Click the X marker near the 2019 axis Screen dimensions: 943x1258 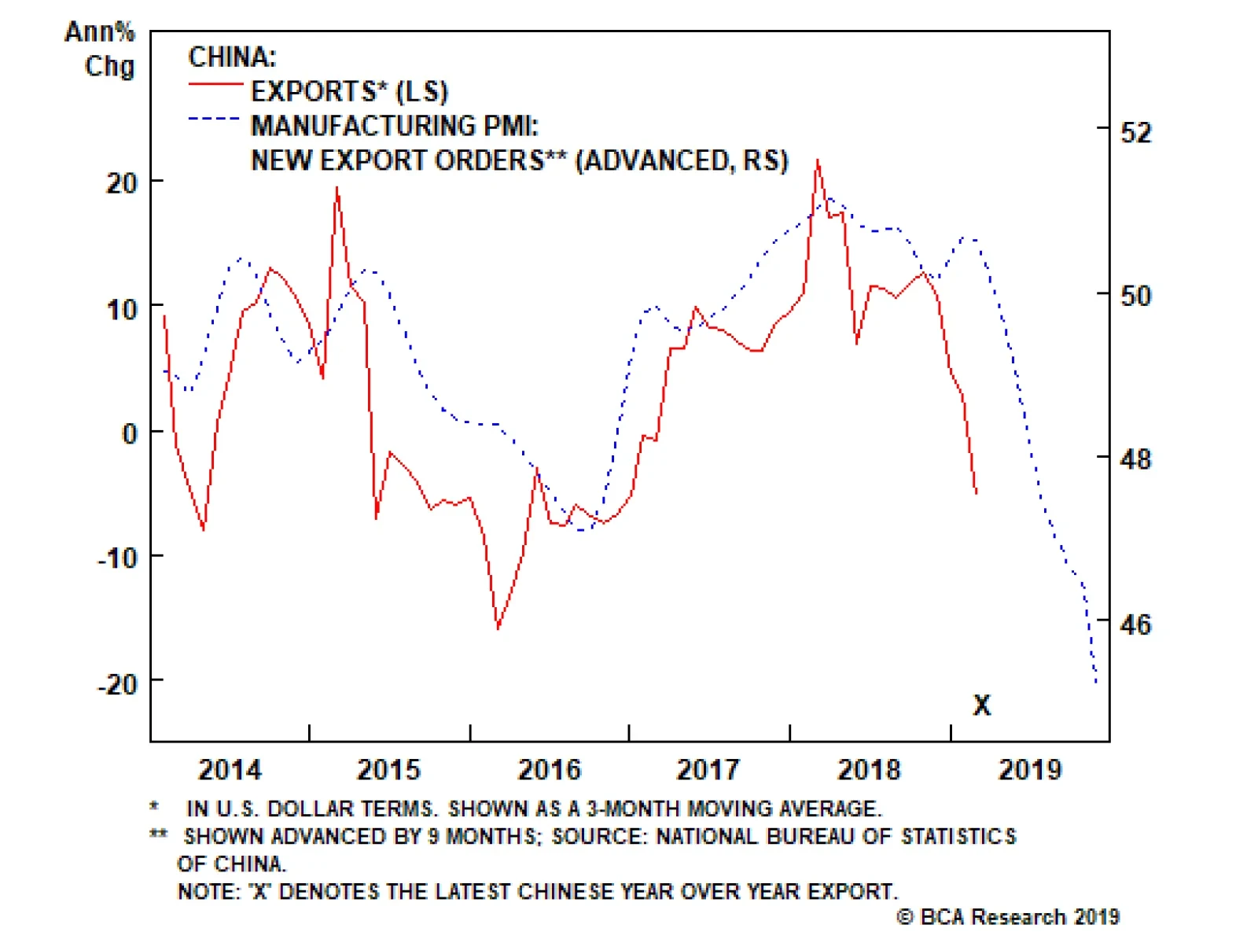pos(981,705)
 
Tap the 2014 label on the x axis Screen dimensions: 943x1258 pos(230,769)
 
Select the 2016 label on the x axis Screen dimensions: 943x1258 pos(549,769)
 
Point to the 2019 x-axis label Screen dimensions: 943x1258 pos(1029,769)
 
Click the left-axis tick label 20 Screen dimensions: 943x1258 pos(122,183)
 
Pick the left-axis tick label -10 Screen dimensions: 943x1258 pos(117,558)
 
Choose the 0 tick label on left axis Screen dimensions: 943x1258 pos(130,433)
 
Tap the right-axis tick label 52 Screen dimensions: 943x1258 pos(1135,131)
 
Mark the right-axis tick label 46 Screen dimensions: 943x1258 pos(1135,624)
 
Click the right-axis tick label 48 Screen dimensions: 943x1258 pos(1135,459)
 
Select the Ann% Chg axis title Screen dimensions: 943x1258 pos(101,49)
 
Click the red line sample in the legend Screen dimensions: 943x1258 pos(215,83)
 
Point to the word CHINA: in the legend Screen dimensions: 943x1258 pos(233,57)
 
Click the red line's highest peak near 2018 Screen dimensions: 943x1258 pos(818,160)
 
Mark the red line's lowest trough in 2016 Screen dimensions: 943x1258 pos(498,628)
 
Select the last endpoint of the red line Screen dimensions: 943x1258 pos(977,494)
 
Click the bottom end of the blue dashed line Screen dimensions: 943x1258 pos(1096,683)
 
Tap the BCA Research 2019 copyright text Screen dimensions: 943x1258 pos(1008,917)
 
